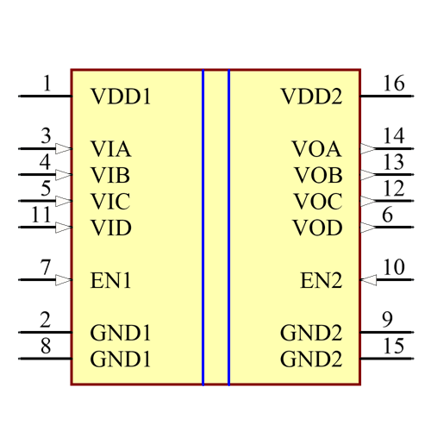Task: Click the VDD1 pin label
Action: coord(121,97)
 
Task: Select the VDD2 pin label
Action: coord(311,97)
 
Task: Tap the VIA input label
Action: coord(110,149)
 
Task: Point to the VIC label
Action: coord(110,202)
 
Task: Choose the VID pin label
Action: coord(111,228)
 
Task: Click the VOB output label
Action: coord(318,176)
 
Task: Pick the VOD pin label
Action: coord(317,228)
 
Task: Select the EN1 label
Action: coord(110,280)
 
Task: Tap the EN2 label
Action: coord(322,280)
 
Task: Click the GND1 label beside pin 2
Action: coord(121,333)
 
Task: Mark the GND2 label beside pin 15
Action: coord(311,359)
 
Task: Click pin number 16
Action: coord(393,84)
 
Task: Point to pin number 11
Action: coord(41,215)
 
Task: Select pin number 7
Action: coord(46,267)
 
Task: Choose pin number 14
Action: coord(393,135)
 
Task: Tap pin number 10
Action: coord(393,267)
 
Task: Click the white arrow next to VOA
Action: coord(368,149)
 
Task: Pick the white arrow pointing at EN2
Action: coord(369,280)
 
